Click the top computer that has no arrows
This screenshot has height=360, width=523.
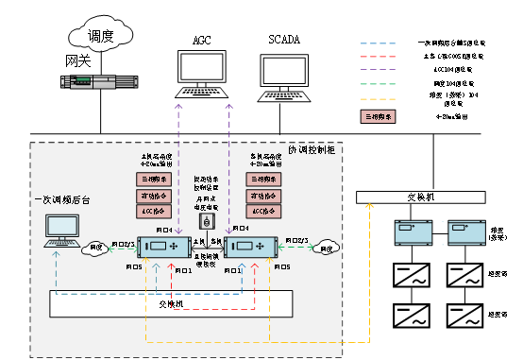click(x=289, y=76)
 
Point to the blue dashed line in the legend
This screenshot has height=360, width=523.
click(x=378, y=43)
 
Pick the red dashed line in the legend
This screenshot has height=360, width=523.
click(x=378, y=57)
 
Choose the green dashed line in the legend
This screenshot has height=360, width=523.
click(x=378, y=84)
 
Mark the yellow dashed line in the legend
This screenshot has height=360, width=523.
click(x=378, y=98)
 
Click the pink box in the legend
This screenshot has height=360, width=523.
click(x=378, y=117)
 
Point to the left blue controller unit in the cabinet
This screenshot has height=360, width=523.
click(x=165, y=248)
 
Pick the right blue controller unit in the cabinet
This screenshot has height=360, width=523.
click(x=252, y=248)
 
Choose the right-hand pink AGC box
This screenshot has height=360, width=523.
click(x=263, y=213)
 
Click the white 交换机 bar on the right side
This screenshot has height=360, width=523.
click(x=420, y=197)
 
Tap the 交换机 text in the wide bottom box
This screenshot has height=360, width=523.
click(x=171, y=304)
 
